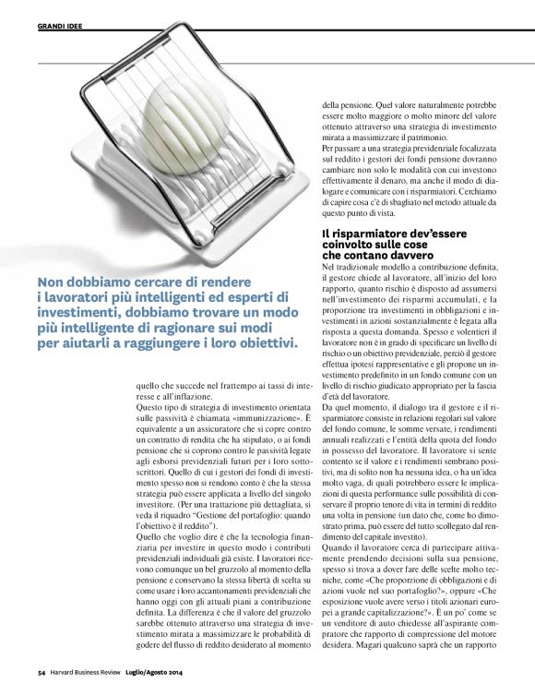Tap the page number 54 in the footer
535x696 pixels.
(x=42, y=671)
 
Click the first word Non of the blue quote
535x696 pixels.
(x=53, y=283)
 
